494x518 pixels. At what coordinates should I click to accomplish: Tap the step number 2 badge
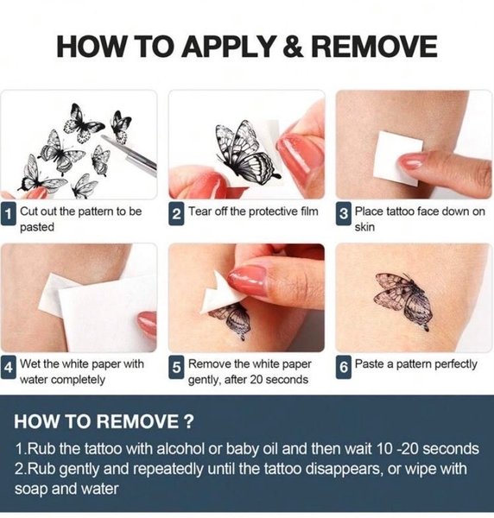click(x=176, y=215)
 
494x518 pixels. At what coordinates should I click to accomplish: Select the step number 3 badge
click(x=344, y=215)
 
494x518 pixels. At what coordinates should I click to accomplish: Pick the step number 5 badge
click(x=176, y=368)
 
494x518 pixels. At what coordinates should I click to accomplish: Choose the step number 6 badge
click(x=344, y=368)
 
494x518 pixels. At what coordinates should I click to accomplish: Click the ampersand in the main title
click(x=293, y=47)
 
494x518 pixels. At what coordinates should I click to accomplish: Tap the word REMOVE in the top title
click(x=374, y=47)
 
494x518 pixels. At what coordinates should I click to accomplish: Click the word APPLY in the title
click(x=228, y=47)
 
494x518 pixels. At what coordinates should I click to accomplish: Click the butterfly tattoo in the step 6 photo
click(x=403, y=300)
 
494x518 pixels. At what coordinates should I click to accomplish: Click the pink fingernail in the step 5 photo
click(x=247, y=280)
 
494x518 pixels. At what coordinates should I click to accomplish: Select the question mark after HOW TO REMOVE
click(x=188, y=421)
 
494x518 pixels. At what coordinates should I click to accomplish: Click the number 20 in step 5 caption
click(x=256, y=380)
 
